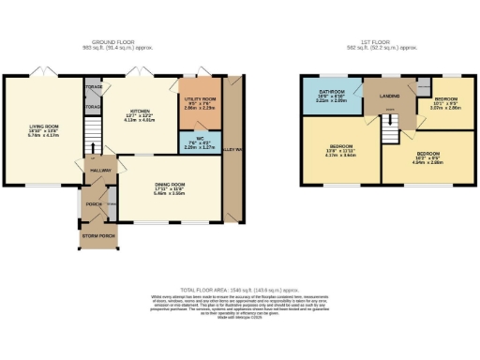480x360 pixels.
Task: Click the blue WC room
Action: [196, 142]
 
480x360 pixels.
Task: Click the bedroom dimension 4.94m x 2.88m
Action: [429, 161]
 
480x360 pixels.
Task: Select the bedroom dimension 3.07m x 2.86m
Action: [445, 109]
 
